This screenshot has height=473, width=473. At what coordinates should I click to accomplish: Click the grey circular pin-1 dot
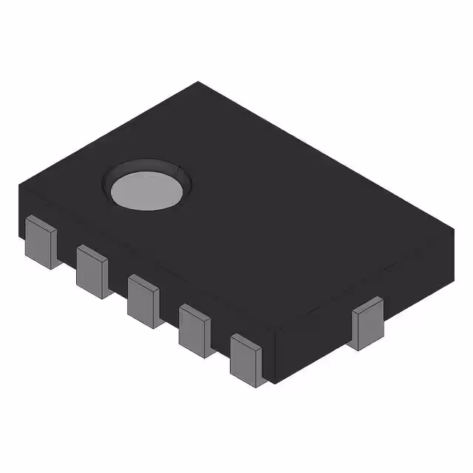point(147,190)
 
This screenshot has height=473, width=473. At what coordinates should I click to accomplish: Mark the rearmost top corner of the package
point(198,82)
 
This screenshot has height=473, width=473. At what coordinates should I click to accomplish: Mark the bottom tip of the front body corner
point(274,384)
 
